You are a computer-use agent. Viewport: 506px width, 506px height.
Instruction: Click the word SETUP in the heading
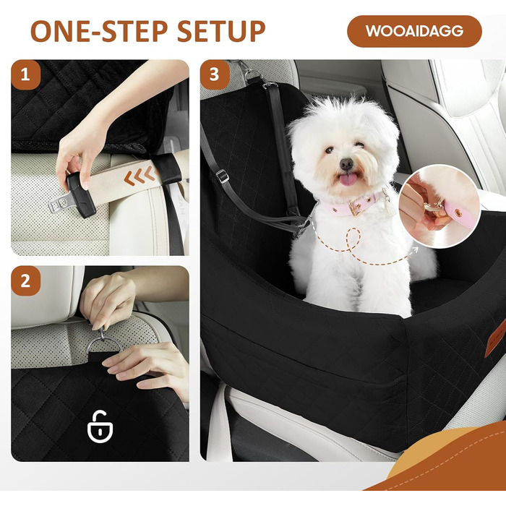pyautogui.click(x=220, y=31)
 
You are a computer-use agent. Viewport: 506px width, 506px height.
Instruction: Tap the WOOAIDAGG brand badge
pyautogui.click(x=414, y=31)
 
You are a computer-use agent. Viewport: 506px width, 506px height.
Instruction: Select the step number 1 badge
pyautogui.click(x=25, y=75)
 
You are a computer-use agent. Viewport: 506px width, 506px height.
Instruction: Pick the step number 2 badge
pyautogui.click(x=25, y=281)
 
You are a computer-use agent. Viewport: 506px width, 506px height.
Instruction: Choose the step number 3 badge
pyautogui.click(x=215, y=75)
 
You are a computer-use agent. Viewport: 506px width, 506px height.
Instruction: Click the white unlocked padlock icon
pyautogui.click(x=100, y=426)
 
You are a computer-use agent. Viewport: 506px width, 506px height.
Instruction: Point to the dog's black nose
pyautogui.click(x=346, y=164)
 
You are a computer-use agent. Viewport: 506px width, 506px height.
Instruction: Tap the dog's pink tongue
pyautogui.click(x=346, y=179)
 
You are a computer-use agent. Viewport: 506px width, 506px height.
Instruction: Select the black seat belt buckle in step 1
pyautogui.click(x=81, y=194)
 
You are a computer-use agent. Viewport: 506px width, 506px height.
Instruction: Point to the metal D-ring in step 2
pyautogui.click(x=104, y=344)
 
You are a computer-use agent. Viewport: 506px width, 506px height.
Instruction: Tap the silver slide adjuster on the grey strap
pyautogui.click(x=222, y=176)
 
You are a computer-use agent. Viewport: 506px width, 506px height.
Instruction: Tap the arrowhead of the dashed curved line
pyautogui.click(x=415, y=249)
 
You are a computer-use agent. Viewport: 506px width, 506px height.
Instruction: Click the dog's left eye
pyautogui.click(x=329, y=150)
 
